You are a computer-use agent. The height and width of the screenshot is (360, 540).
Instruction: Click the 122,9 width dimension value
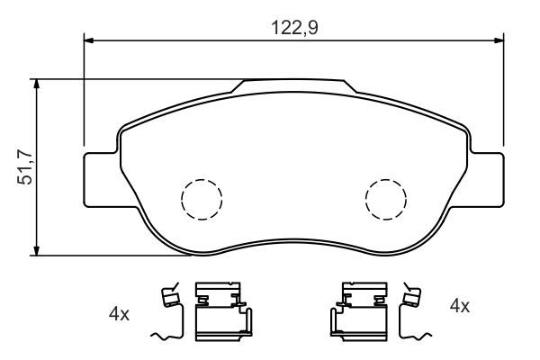pos(294,28)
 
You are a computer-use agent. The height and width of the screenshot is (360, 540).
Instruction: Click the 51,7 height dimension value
pos(25,167)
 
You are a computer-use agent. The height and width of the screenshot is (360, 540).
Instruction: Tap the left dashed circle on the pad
pos(202,200)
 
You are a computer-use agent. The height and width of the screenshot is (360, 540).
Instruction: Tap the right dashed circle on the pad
pos(386,200)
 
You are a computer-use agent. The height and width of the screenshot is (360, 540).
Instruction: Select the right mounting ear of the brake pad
pos(486,180)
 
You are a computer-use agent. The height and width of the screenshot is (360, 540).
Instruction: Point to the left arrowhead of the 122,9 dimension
pos(89,40)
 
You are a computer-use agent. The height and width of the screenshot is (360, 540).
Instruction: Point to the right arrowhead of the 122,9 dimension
pos(499,40)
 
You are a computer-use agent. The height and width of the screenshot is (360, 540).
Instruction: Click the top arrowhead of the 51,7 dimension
pos(36,85)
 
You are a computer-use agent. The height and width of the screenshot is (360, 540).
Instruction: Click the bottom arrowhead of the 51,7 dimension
pos(36,250)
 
